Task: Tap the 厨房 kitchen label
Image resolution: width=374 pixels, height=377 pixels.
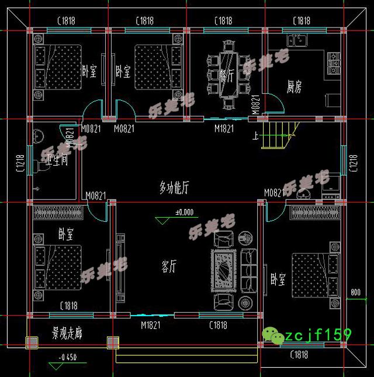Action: tap(294, 87)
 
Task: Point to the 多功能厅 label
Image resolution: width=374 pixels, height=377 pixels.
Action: tap(174, 187)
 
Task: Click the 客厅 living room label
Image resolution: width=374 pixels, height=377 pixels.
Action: tap(169, 267)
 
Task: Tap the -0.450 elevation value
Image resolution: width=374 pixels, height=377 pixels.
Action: tap(67, 358)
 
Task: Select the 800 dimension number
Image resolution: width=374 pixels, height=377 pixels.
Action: tap(356, 292)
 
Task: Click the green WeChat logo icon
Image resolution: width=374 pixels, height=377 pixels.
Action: tap(273, 335)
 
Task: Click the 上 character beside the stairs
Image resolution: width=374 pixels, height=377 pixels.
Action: tap(255, 138)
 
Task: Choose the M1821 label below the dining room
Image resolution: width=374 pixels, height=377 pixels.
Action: tap(224, 128)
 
